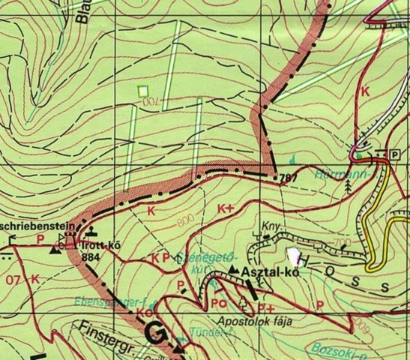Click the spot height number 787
(283, 178)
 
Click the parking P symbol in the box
(394, 154)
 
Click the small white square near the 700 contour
(142, 91)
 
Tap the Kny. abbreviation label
(270, 225)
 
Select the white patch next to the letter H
(293, 256)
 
